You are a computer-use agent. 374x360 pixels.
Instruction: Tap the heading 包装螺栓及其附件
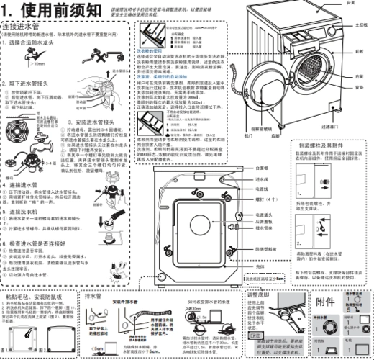pos(332,145)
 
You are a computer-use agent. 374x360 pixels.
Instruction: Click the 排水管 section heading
pos(92,294)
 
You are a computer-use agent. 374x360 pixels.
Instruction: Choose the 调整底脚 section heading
pos(257,294)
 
